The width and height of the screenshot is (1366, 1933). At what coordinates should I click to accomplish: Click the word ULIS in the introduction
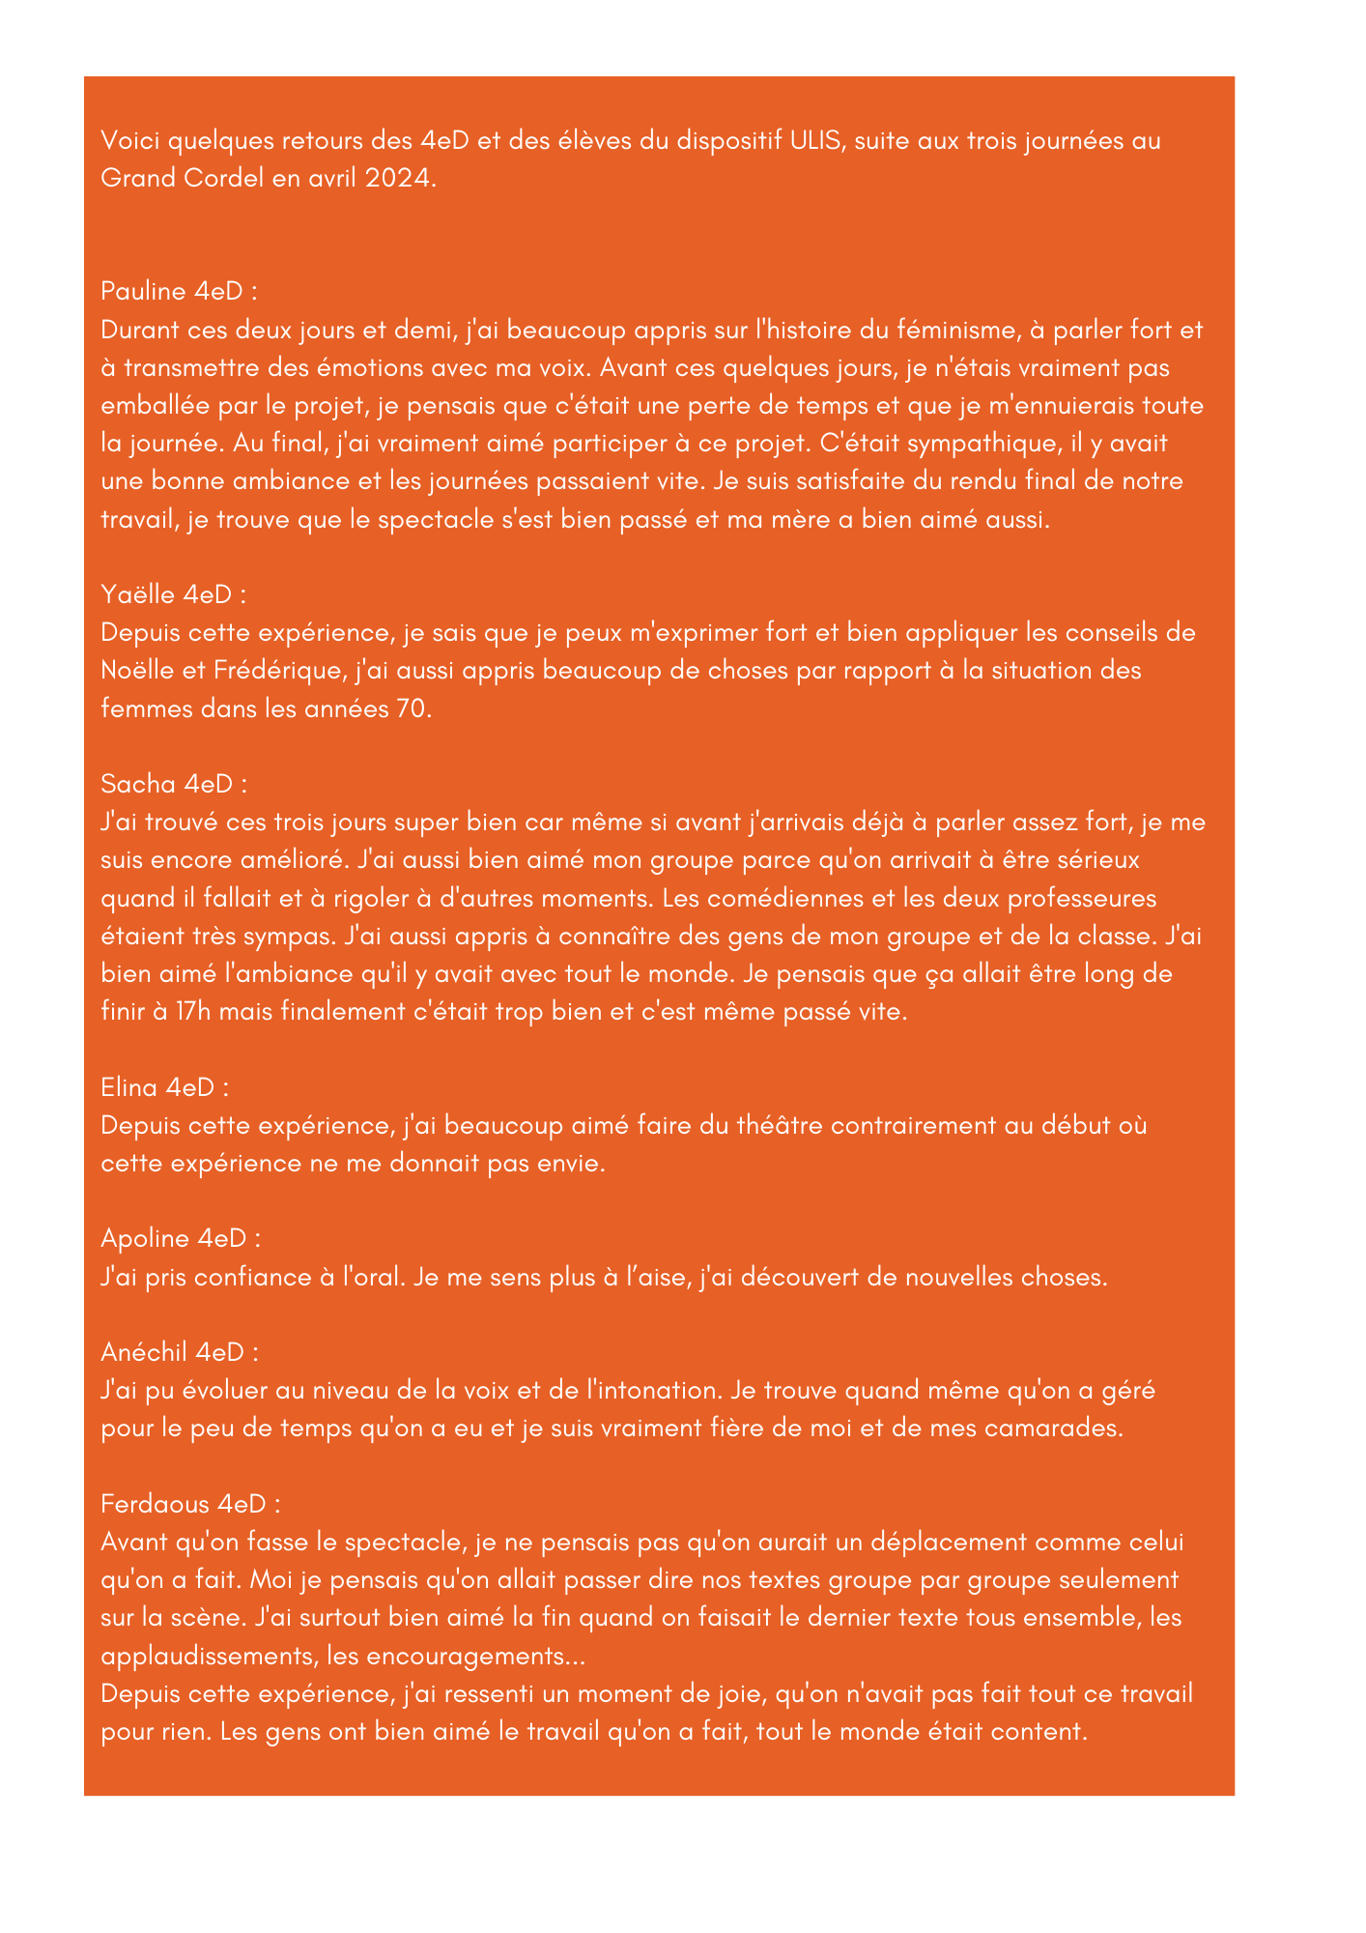click(x=817, y=141)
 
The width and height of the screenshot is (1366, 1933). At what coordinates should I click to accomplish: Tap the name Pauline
click(x=143, y=292)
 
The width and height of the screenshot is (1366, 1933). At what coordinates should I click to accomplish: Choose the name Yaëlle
click(x=139, y=595)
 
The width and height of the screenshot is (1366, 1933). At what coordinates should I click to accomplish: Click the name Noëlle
click(x=138, y=671)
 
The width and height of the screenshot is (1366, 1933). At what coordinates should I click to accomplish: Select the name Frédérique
click(x=277, y=671)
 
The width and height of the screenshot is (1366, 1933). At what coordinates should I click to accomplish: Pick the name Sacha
click(x=138, y=784)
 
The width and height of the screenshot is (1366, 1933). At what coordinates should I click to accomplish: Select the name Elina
click(x=130, y=1087)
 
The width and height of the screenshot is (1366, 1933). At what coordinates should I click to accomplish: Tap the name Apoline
click(x=145, y=1239)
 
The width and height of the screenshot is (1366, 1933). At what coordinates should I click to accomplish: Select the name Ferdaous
click(x=156, y=1504)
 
